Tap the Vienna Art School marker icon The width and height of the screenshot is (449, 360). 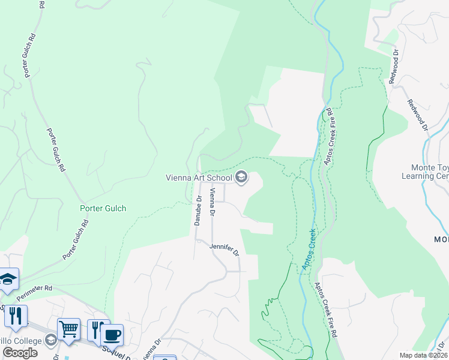[241, 176]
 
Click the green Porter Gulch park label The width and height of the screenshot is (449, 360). [103, 209]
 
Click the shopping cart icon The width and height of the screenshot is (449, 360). [68, 329]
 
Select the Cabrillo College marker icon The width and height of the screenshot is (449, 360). [51, 340]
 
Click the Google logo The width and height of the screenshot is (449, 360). [20, 353]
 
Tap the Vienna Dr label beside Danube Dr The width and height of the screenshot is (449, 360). [212, 202]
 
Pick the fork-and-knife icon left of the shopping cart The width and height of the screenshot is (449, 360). [16, 316]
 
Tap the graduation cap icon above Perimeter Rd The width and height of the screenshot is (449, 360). [8, 278]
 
